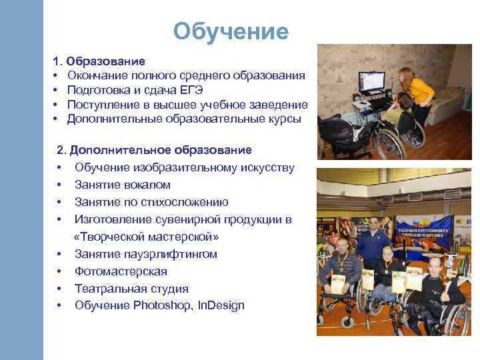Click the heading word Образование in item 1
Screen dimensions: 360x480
[x=111, y=62]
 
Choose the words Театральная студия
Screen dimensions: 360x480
[x=131, y=289]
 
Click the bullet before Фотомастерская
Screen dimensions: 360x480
[x=60, y=271]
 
